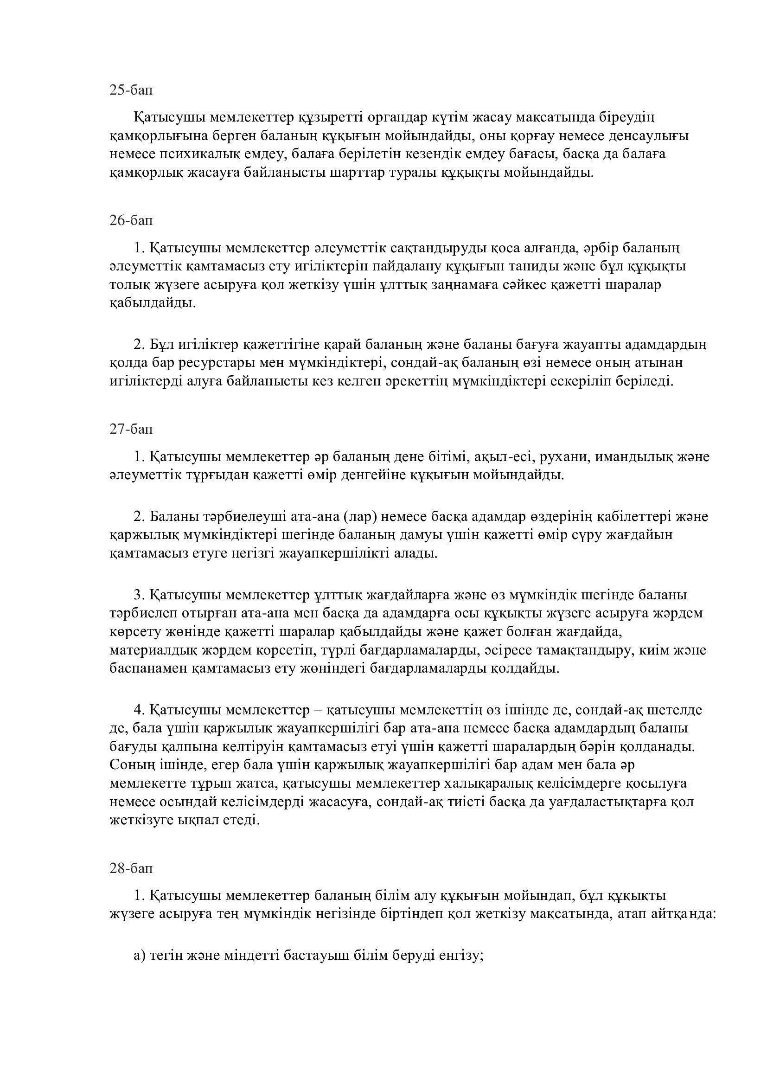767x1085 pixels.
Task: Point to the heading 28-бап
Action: pos(131,868)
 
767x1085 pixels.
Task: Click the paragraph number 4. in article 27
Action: pos(139,710)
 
